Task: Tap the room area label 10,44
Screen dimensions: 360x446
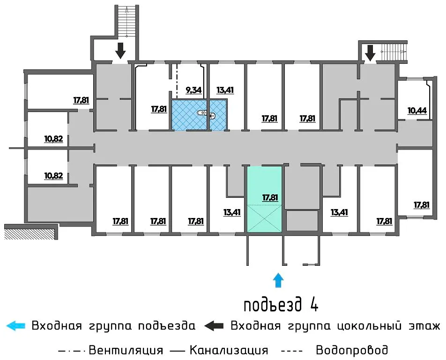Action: (x=416, y=111)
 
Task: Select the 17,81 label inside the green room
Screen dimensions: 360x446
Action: (x=270, y=198)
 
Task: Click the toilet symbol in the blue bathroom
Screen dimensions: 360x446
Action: (x=202, y=113)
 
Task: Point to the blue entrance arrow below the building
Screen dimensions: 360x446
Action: (x=279, y=280)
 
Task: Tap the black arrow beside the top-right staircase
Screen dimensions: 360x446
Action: (x=371, y=52)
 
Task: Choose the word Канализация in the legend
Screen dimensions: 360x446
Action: (x=229, y=350)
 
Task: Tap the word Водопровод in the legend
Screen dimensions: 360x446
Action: (x=352, y=350)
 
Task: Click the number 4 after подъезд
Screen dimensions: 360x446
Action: (x=314, y=305)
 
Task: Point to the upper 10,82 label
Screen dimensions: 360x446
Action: (x=53, y=139)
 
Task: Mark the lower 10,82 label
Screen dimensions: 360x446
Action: (x=53, y=176)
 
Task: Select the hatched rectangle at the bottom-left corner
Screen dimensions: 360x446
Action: (x=30, y=233)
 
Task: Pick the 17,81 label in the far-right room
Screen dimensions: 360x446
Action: (x=422, y=205)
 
